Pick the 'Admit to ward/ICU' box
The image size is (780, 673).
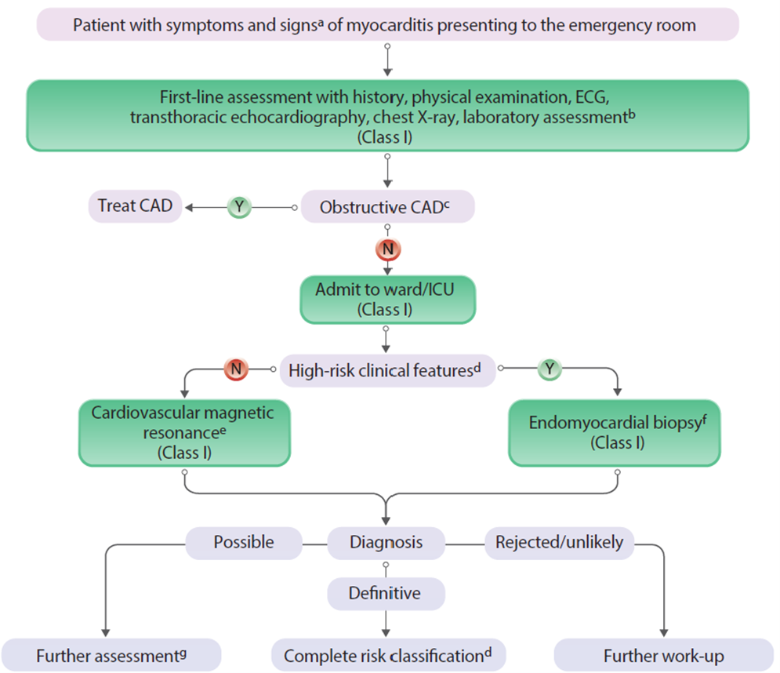pos(387,299)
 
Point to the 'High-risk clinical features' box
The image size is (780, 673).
pos(387,369)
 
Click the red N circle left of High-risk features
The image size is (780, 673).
pos(235,367)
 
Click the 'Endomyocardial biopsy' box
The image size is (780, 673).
pos(614,431)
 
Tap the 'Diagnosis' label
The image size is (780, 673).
pos(386,542)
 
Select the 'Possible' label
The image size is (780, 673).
pos(244,542)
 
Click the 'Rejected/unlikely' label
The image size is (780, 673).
pos(558,542)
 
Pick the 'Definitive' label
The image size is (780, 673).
pos(386,593)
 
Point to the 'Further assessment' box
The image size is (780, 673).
pos(111,655)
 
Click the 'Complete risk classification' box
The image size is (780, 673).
pos(388,655)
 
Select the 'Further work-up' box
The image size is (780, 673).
pos(663,655)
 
